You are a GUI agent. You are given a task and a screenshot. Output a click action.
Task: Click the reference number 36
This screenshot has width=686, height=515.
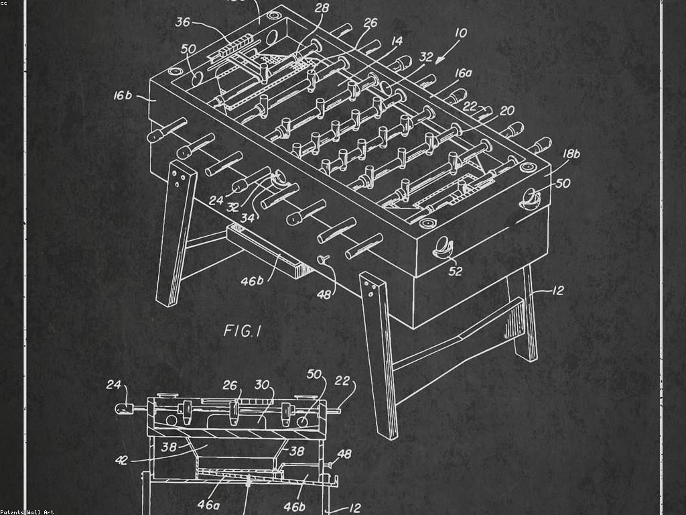183,22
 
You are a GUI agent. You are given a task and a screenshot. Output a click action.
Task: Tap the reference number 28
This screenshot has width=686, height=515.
322,8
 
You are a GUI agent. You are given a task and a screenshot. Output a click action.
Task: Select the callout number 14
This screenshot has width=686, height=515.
397,41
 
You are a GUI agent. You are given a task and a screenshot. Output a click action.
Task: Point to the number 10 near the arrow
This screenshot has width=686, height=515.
461,33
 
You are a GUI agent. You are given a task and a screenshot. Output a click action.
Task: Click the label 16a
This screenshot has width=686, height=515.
463,73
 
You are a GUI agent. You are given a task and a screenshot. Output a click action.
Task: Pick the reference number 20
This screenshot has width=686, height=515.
506,111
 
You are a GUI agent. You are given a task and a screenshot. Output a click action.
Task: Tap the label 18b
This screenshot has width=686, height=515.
570,154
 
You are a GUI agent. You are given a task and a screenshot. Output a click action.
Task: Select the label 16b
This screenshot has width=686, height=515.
123,96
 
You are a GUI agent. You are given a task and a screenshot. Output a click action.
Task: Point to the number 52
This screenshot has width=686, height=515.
456,272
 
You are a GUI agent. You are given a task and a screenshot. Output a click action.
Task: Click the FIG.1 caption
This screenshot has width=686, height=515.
242,331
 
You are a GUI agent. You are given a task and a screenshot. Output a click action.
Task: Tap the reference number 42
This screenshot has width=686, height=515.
122,460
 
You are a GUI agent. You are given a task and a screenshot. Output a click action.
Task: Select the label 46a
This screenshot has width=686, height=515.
208,504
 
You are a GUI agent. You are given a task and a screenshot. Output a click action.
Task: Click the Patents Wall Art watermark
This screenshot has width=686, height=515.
27,512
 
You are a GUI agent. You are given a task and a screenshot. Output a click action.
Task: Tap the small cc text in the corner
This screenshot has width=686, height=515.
4,3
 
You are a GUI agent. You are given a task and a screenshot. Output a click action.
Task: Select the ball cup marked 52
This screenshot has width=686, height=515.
443,247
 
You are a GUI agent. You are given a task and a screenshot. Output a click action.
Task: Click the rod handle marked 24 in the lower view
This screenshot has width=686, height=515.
125,408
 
